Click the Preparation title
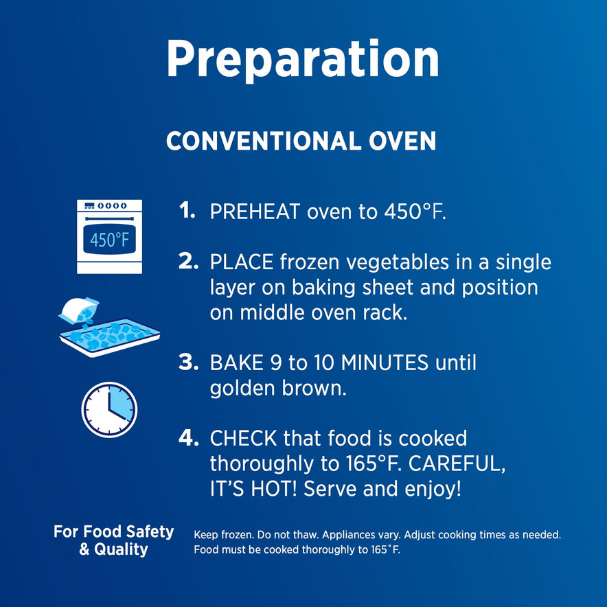pyautogui.click(x=303, y=60)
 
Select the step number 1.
pyautogui.click(x=187, y=211)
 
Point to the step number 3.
pyautogui.click(x=189, y=362)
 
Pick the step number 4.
pyautogui.click(x=189, y=437)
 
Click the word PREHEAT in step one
pyautogui.click(x=255, y=211)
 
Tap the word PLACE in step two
pyautogui.click(x=242, y=262)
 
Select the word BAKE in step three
pyautogui.click(x=236, y=363)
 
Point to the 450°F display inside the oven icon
pyautogui.click(x=110, y=240)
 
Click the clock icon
pyautogui.click(x=109, y=409)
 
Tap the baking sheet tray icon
pyautogui.click(x=110, y=336)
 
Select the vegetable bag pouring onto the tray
pyautogui.click(x=79, y=311)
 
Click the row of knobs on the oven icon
pyautogui.click(x=112, y=205)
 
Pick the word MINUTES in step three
pyautogui.click(x=385, y=363)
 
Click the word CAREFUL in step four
pyautogui.click(x=457, y=463)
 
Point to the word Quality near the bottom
pyautogui.click(x=121, y=550)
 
